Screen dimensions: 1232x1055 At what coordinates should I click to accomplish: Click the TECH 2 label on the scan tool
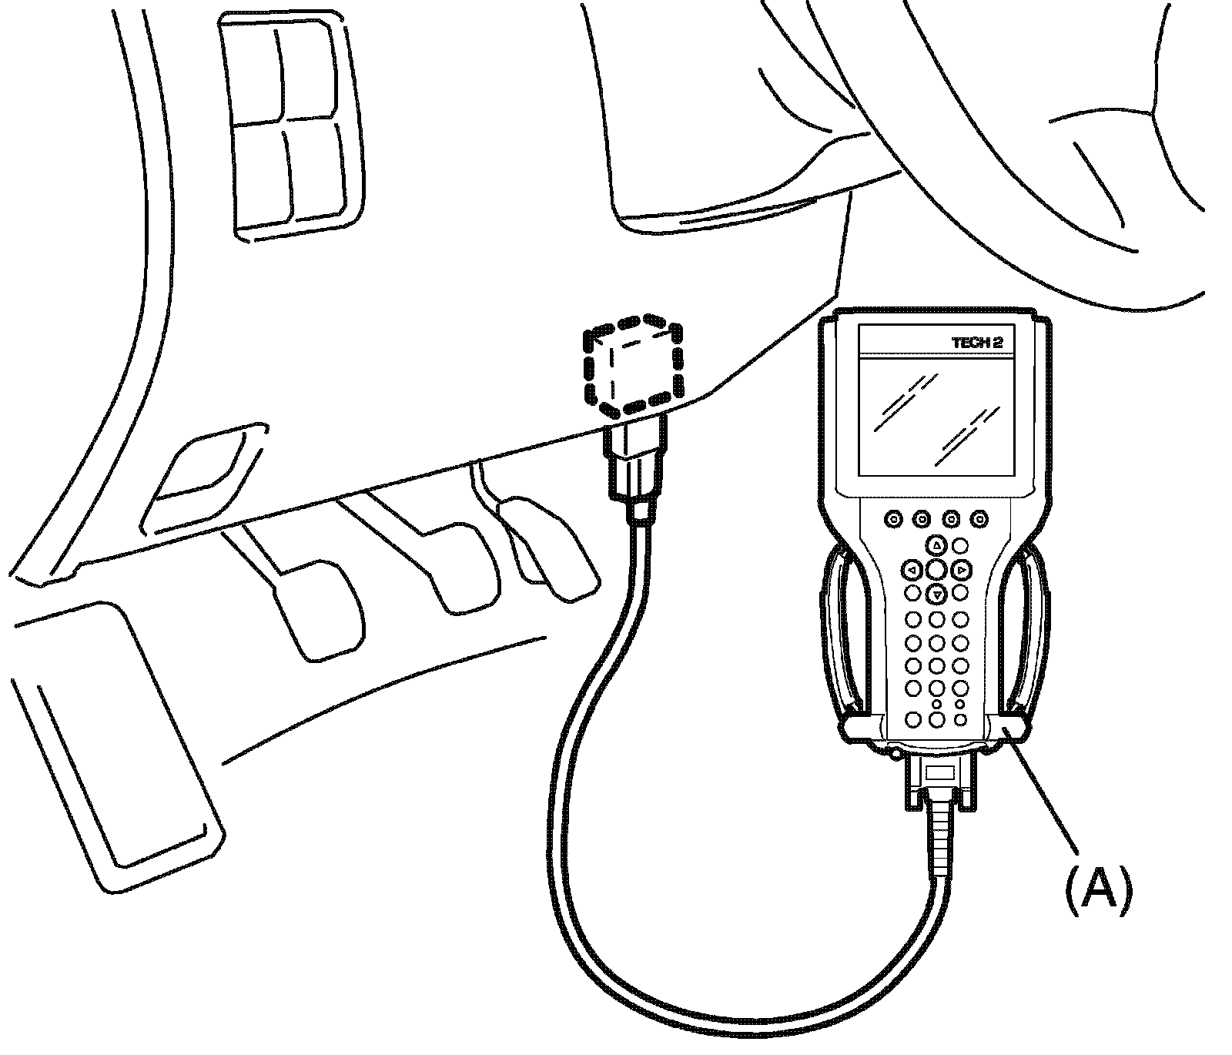(977, 343)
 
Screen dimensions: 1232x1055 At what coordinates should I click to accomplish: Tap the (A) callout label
(1098, 890)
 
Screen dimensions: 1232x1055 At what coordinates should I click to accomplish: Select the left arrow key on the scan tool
(912, 571)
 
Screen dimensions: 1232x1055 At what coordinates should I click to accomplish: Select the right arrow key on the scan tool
(961, 571)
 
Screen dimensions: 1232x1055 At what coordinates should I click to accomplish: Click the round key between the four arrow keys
(936, 570)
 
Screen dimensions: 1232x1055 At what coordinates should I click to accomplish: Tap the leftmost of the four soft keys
(893, 520)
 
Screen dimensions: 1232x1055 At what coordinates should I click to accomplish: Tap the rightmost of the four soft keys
(979, 520)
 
